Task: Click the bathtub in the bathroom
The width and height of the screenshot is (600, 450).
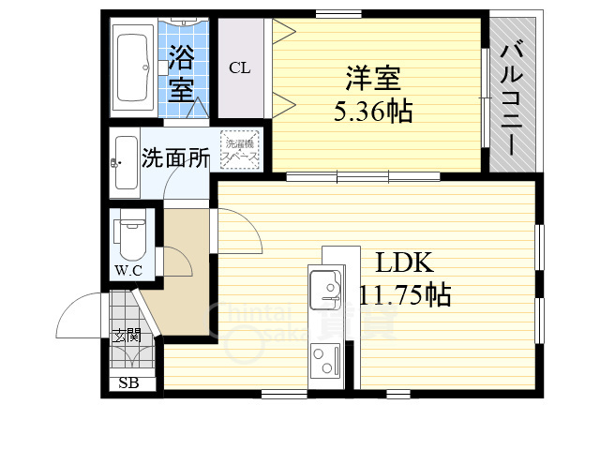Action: tap(133, 67)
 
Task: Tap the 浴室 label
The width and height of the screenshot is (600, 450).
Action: tap(182, 75)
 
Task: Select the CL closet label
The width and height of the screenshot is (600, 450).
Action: tap(240, 67)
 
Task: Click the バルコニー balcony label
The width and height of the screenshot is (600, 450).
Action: tap(512, 97)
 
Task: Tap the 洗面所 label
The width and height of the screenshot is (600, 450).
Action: tap(175, 158)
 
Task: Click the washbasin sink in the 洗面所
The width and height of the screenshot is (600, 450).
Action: tap(126, 159)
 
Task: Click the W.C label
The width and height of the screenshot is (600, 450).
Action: tap(128, 272)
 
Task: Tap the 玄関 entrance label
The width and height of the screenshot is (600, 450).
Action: tap(127, 335)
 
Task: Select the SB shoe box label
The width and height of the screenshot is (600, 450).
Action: tap(127, 382)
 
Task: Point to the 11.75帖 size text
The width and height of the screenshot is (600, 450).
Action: tap(405, 295)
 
